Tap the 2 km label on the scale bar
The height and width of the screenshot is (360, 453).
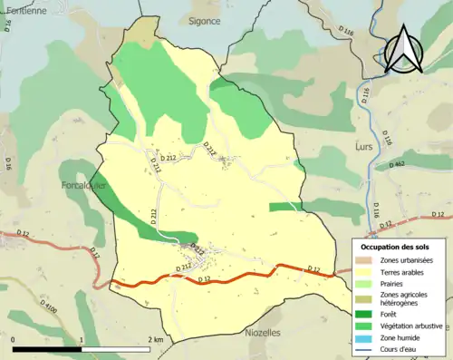(155, 338)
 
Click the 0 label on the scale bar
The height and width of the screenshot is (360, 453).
(14, 338)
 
